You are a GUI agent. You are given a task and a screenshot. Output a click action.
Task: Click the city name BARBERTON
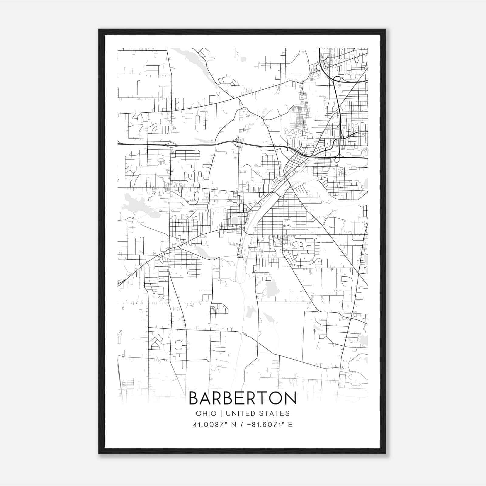(x=242, y=398)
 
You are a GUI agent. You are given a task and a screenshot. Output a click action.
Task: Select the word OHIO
(x=206, y=413)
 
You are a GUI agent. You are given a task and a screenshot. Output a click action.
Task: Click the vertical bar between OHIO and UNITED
(x=221, y=413)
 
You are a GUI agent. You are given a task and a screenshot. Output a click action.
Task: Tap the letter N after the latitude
(x=234, y=425)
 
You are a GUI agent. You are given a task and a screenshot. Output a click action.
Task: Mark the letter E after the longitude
(x=290, y=425)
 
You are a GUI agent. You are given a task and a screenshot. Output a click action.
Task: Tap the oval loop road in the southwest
(x=179, y=345)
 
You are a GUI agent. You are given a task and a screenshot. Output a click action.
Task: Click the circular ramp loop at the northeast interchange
(x=336, y=80)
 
